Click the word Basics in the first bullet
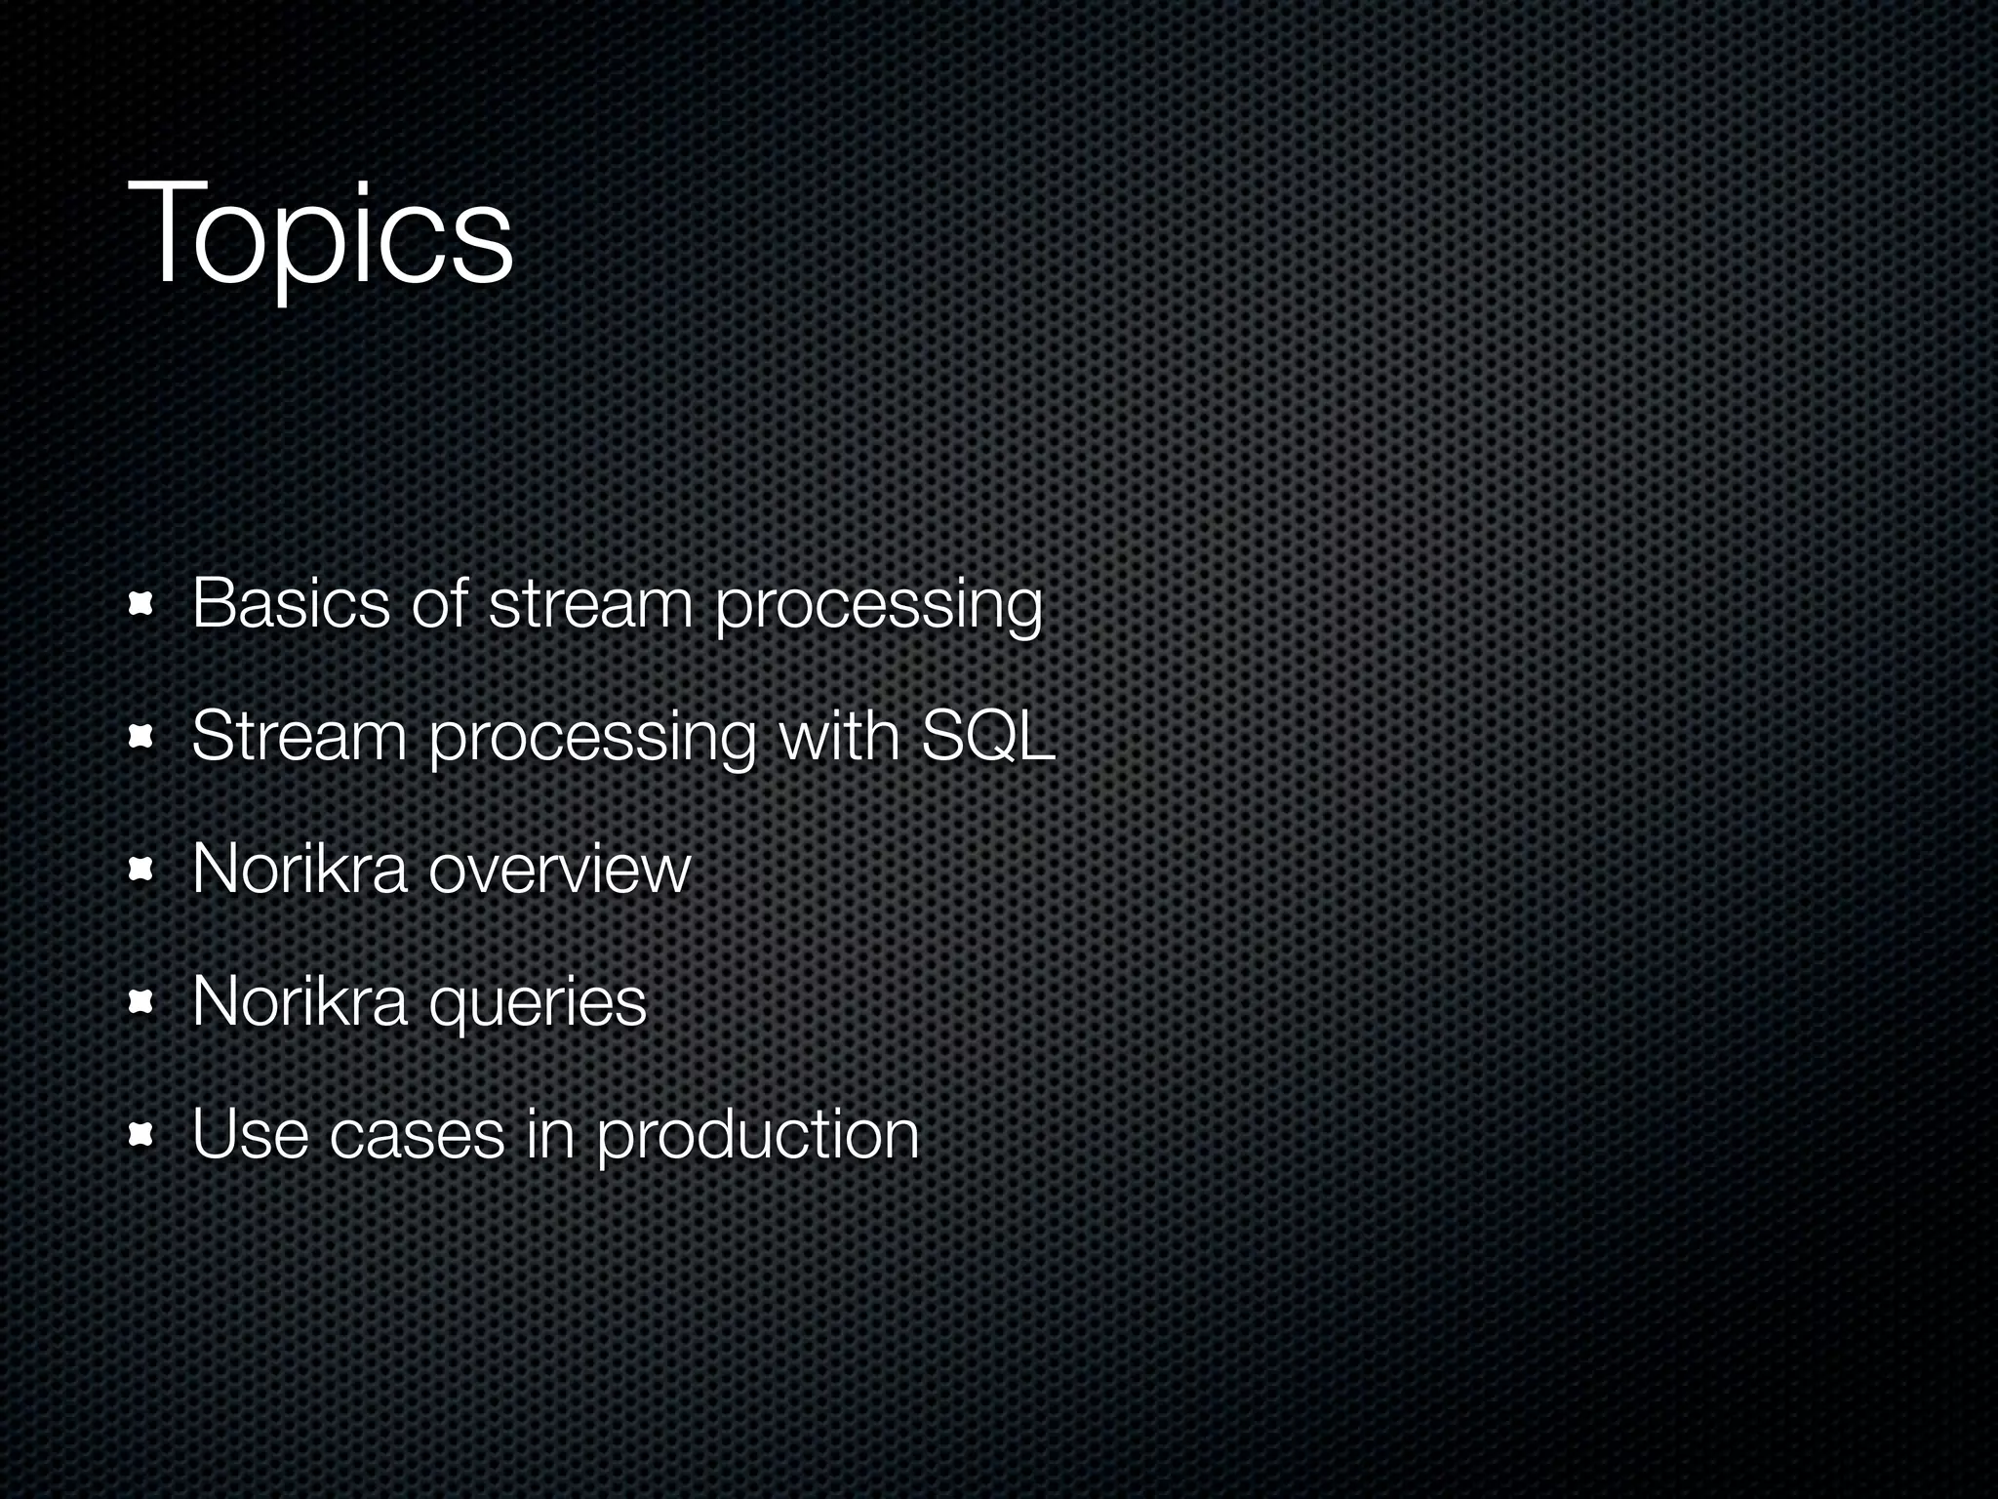[290, 604]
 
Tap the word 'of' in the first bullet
[439, 604]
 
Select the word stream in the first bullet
[589, 604]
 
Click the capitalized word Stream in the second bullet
[299, 737]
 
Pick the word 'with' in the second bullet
[838, 737]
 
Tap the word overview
[559, 870]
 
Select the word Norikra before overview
[299, 870]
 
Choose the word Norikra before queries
[299, 1002]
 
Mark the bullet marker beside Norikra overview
[142, 871]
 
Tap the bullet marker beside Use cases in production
[142, 1136]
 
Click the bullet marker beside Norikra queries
[142, 1003]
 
